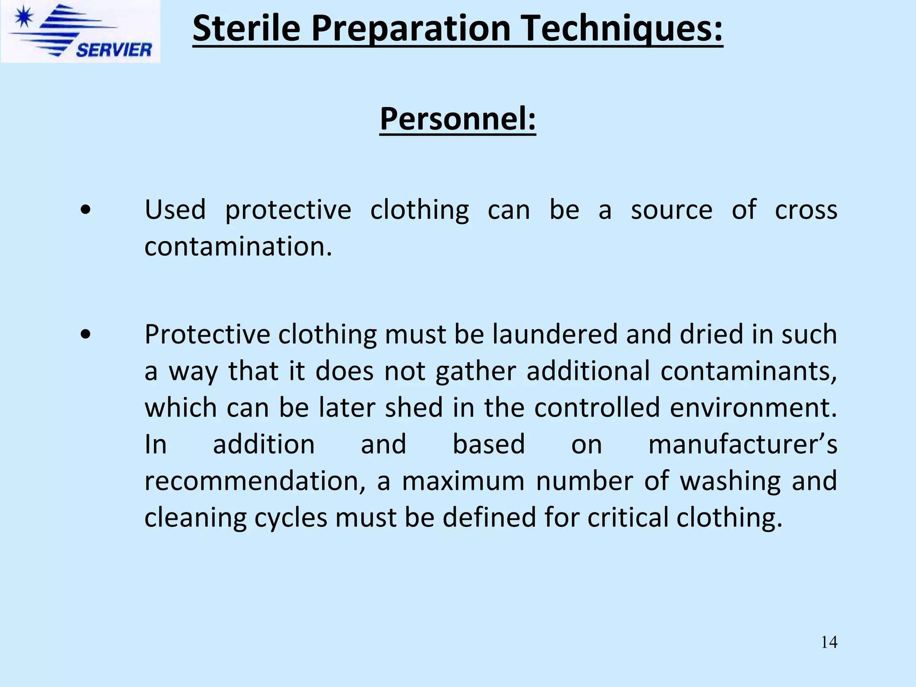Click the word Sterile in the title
246,28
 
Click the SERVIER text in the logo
114,50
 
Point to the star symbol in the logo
24,18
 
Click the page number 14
829,642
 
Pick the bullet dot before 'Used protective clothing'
85,210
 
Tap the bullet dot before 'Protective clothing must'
85,334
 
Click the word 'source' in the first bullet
671,210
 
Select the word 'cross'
806,210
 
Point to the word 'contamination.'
238,246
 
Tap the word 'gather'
476,372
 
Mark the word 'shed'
414,407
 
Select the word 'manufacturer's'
742,444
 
